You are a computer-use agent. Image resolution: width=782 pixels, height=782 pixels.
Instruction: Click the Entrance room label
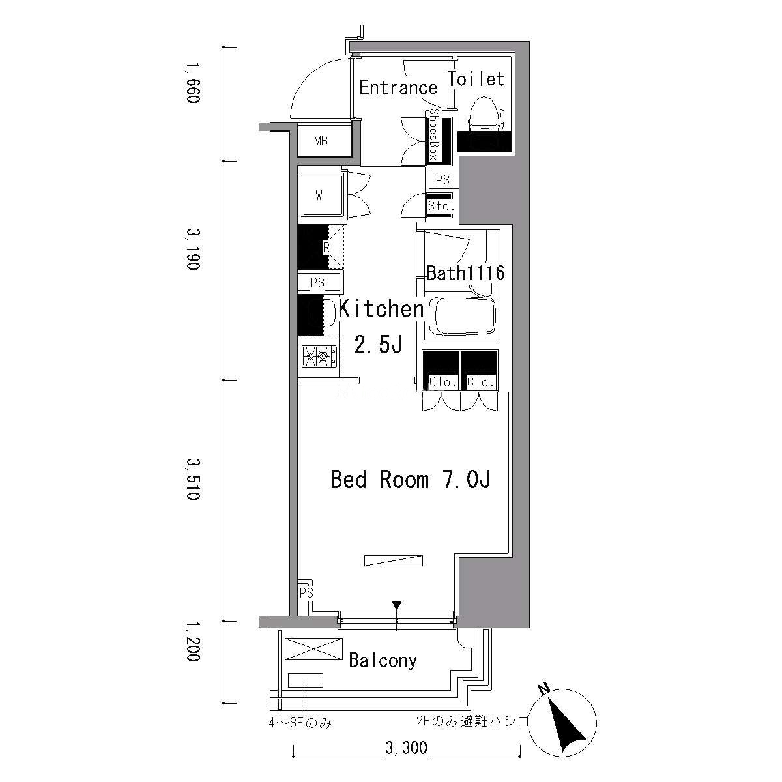[x=398, y=88]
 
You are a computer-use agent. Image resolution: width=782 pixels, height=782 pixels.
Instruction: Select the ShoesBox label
[x=434, y=135]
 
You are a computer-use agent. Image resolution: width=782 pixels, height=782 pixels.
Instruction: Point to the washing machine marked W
[x=322, y=195]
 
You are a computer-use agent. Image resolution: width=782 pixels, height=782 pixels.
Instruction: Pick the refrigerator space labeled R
[x=321, y=247]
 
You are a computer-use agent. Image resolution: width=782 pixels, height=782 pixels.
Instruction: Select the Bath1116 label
[x=465, y=273]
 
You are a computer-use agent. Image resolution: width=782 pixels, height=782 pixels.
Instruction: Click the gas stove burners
[x=319, y=356]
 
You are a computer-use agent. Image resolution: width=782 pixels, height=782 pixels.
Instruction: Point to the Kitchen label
[x=381, y=310]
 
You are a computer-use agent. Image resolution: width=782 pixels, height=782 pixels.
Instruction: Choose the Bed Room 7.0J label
[x=411, y=479]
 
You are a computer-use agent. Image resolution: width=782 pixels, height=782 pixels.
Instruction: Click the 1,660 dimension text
[x=193, y=83]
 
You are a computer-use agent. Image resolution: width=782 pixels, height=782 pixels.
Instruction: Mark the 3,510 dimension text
[x=193, y=479]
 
